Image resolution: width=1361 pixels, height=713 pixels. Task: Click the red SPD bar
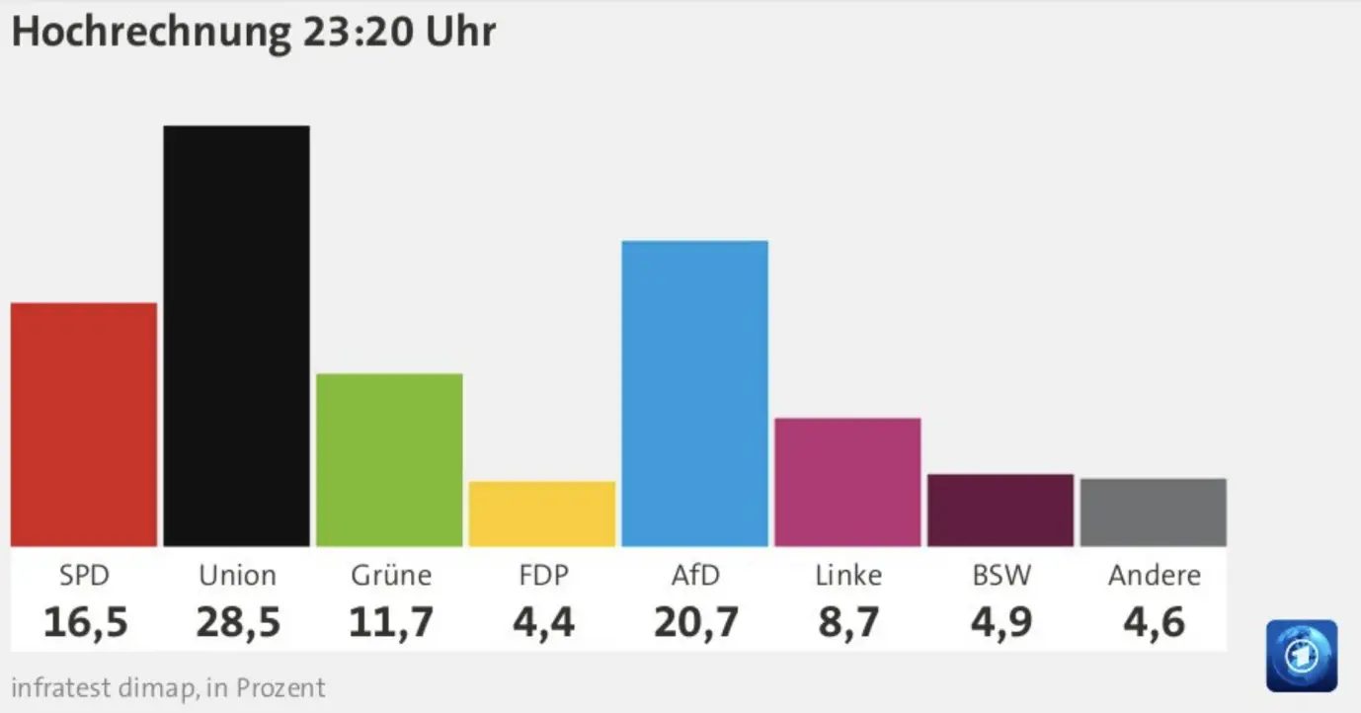point(84,425)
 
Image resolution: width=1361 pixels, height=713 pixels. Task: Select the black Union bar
point(236,336)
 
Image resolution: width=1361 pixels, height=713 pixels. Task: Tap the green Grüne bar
point(389,460)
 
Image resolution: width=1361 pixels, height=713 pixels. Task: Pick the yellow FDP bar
point(542,514)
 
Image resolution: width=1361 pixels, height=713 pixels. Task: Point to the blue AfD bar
point(694,393)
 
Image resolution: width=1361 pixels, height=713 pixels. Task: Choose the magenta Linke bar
point(847,482)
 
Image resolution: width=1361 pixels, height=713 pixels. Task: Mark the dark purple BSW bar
point(1000,511)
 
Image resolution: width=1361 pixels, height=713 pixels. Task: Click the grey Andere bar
point(1153,513)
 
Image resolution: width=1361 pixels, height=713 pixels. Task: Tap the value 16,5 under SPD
point(85,623)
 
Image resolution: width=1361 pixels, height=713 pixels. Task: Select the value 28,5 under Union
point(238,623)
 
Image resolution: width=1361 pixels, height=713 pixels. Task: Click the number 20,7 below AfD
point(695,623)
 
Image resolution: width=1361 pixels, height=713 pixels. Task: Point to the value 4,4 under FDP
point(542,623)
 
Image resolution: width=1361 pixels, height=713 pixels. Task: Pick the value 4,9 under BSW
point(1001,623)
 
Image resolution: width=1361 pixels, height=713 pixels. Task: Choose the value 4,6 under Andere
point(1154,623)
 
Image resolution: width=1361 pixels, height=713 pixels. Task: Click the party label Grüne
point(391,575)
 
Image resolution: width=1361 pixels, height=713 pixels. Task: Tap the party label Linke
point(848,575)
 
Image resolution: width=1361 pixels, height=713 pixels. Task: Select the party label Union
point(237,575)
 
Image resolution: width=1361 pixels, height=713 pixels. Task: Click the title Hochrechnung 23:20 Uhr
point(253,32)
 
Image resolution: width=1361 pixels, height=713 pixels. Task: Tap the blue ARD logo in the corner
point(1302,656)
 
